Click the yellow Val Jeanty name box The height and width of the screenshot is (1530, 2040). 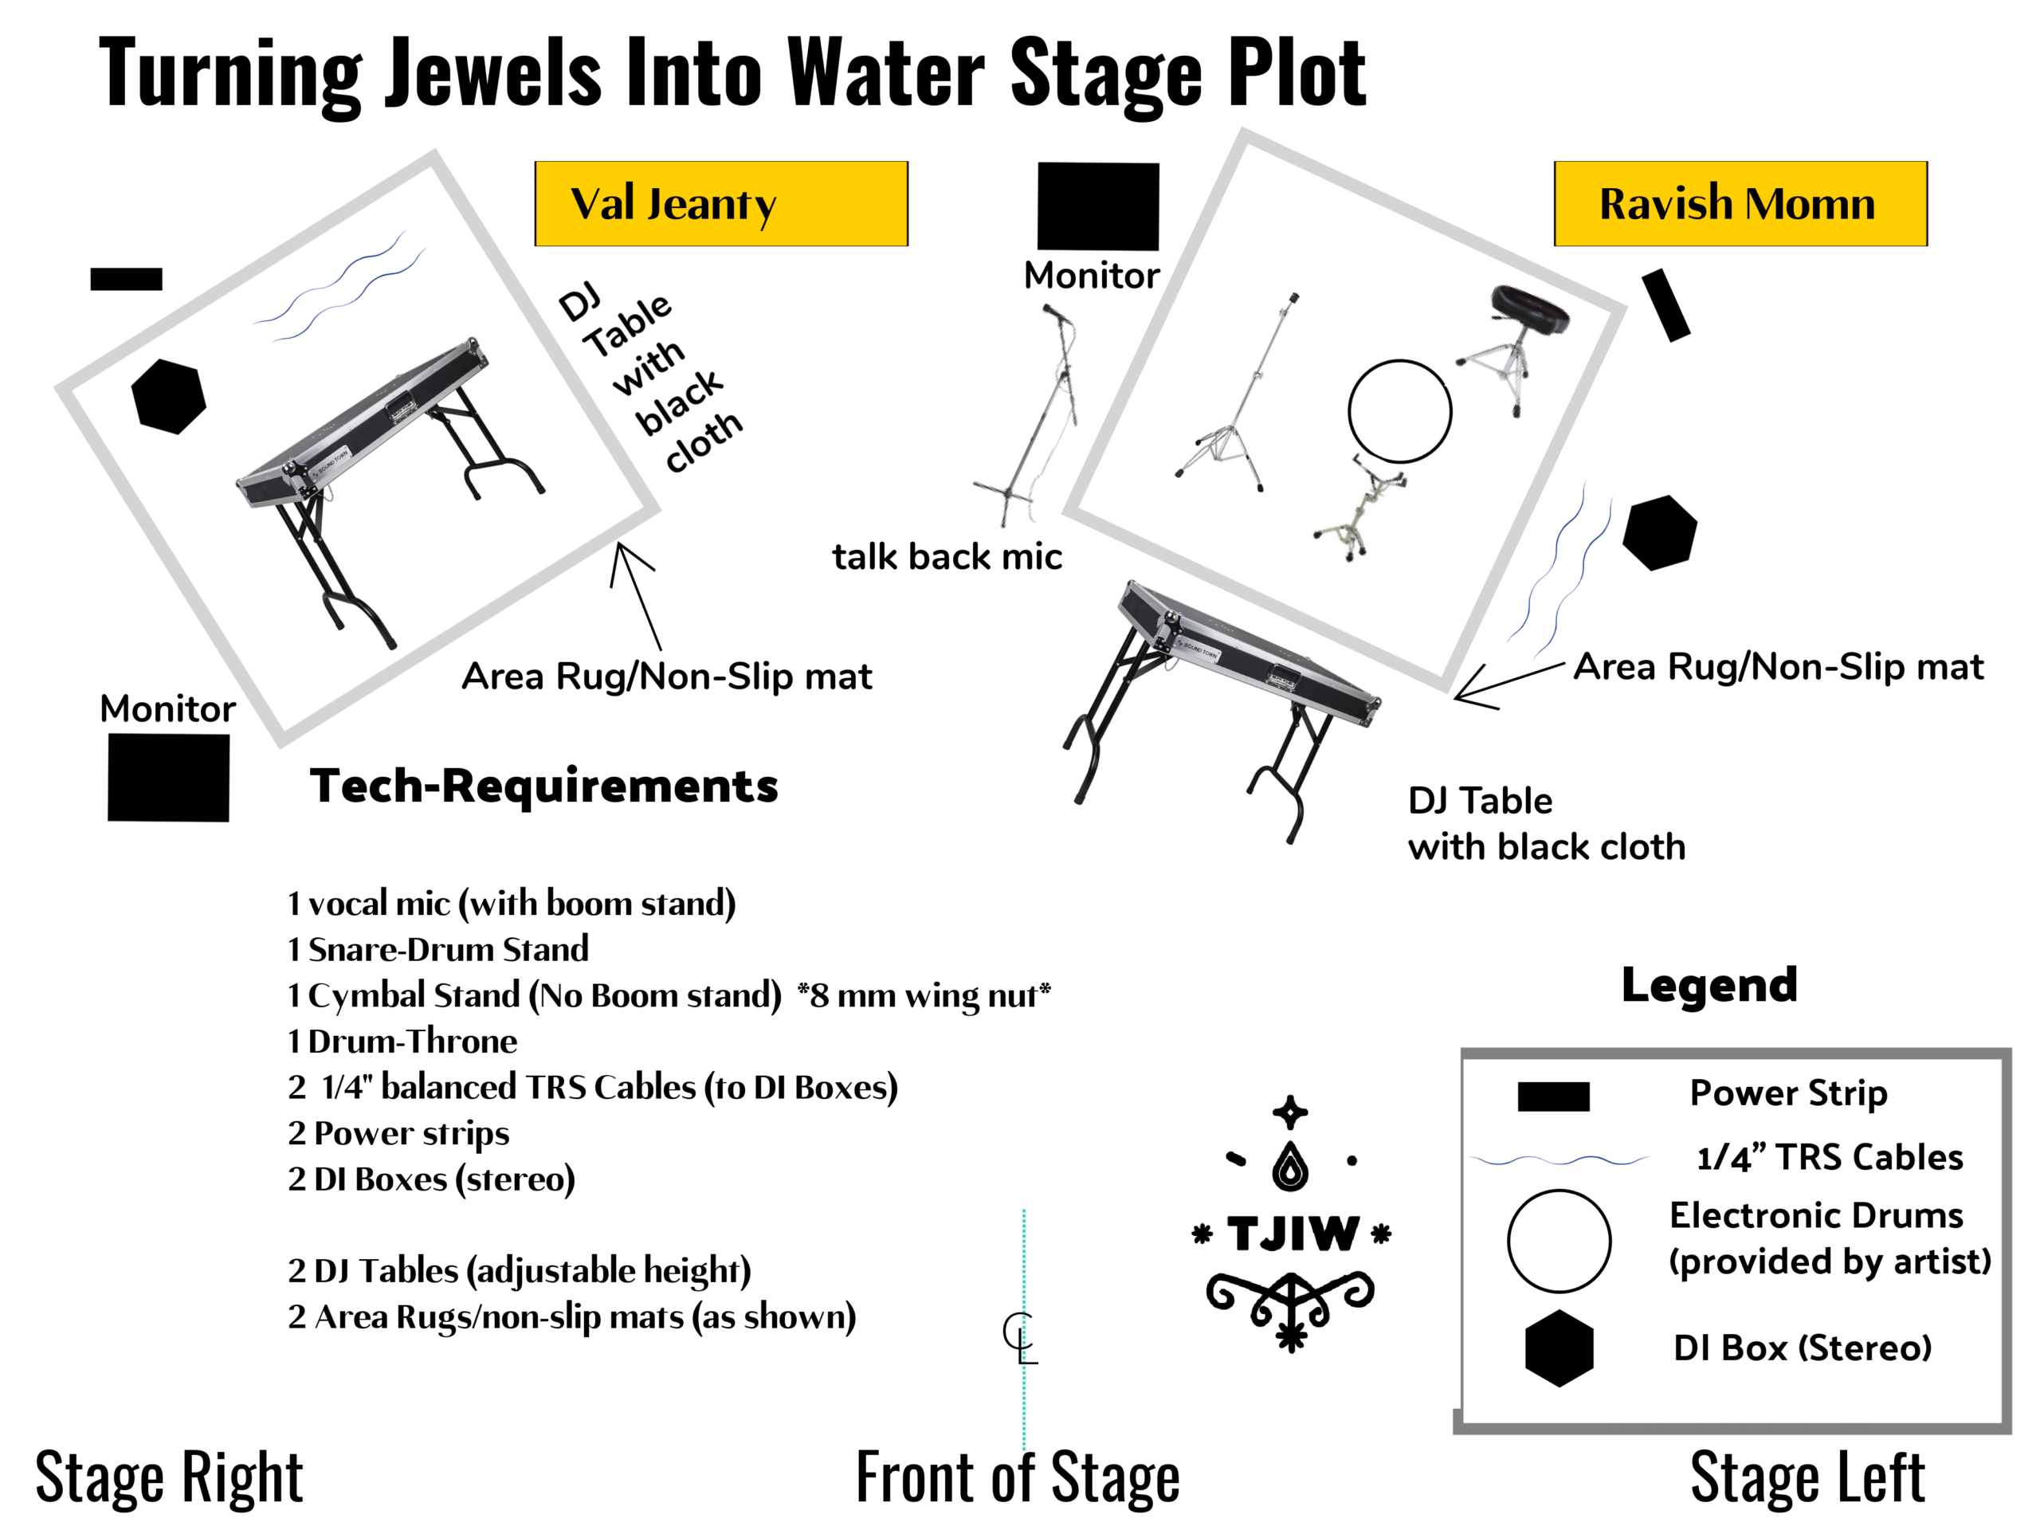(720, 204)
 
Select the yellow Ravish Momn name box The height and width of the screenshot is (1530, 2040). (1740, 204)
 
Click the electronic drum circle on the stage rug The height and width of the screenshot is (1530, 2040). (1399, 411)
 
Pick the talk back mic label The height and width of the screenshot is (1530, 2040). (946, 557)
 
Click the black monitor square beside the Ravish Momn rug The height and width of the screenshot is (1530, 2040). (1097, 206)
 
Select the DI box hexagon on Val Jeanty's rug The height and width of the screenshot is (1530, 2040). (168, 395)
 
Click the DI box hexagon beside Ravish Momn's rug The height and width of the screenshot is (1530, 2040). (1659, 532)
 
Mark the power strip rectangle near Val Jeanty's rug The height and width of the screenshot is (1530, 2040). (127, 279)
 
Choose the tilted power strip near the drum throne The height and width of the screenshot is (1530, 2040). (1665, 305)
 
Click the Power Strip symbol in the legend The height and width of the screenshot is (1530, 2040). (1553, 1096)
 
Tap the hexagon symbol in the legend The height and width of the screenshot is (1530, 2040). (1559, 1348)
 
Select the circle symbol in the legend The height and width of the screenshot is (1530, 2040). (1559, 1241)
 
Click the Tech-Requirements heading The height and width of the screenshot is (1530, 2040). (544, 786)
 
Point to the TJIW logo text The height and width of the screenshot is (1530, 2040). (1292, 1234)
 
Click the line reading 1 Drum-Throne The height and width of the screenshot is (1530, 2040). (402, 1042)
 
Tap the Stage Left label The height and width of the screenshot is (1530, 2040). (1807, 1478)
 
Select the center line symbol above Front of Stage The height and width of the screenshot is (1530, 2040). (1020, 1337)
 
